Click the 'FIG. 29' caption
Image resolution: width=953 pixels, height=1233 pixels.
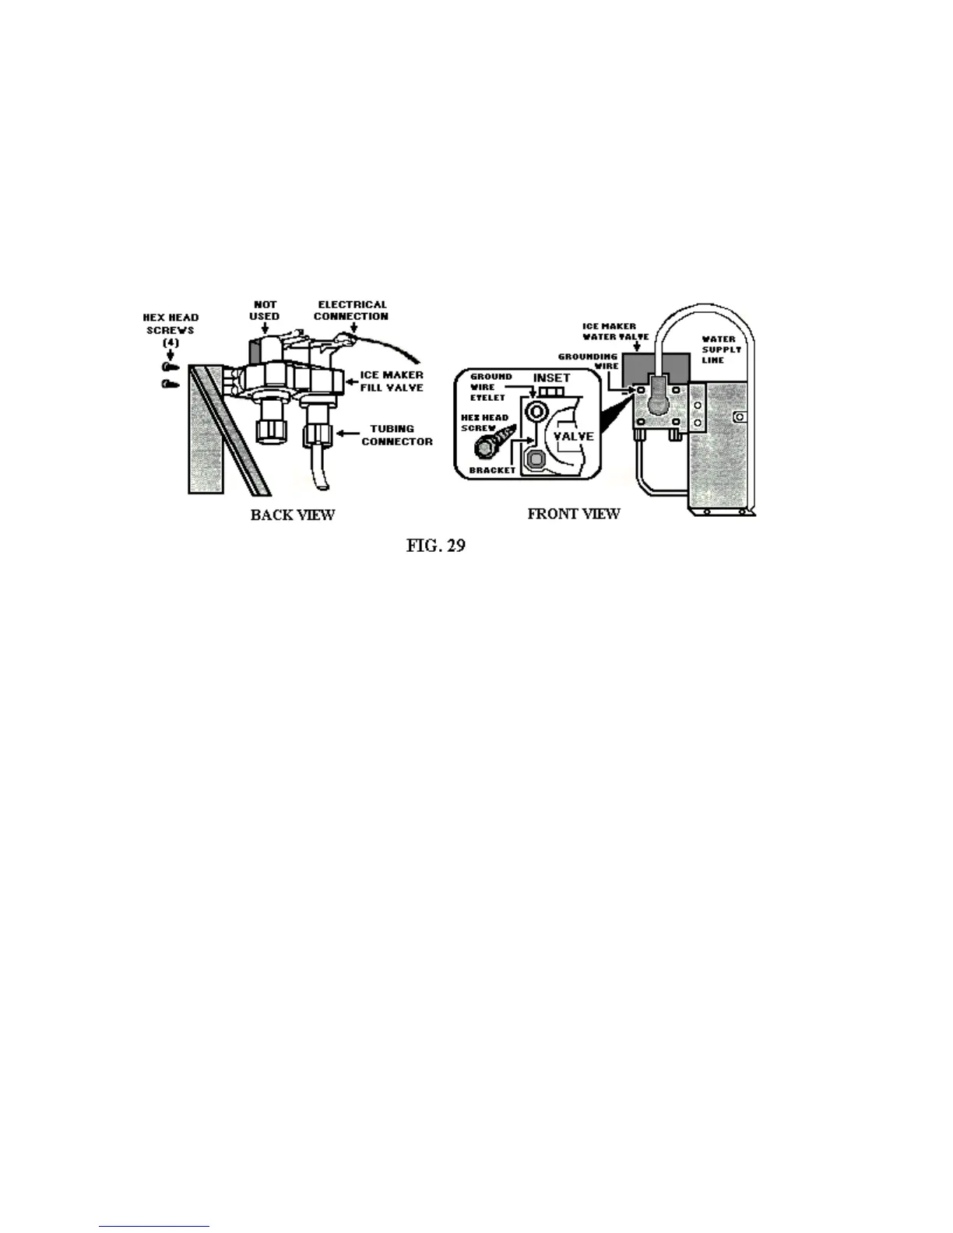click(435, 545)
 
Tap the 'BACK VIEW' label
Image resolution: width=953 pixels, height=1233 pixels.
click(293, 515)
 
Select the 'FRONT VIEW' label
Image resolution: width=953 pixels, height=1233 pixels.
click(574, 514)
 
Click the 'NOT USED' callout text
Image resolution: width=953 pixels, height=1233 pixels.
click(265, 311)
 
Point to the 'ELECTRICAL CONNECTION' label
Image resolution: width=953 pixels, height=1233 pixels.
click(351, 311)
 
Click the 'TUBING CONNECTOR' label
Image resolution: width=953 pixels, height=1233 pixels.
click(396, 435)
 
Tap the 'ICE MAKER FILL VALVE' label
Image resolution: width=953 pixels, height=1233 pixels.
click(392, 381)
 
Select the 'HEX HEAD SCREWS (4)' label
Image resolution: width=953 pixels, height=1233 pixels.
click(171, 329)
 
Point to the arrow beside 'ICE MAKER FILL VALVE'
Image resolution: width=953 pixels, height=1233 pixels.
click(350, 381)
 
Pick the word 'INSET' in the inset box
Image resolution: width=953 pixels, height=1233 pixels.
click(551, 378)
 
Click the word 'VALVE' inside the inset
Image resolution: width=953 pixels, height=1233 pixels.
click(574, 436)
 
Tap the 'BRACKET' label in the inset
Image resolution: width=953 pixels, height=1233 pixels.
click(492, 470)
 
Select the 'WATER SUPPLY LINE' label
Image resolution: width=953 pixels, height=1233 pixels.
click(721, 350)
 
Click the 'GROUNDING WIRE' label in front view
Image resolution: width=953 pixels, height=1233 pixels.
click(589, 361)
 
